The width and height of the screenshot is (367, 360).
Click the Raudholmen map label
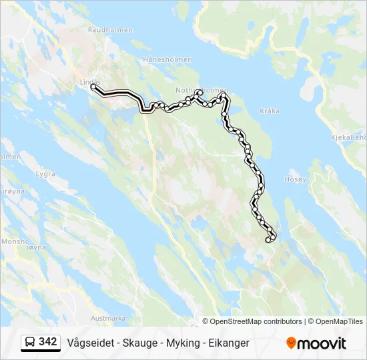click(110, 30)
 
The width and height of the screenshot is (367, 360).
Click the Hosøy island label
click(294, 179)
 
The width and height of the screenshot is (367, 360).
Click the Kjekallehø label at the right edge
click(348, 138)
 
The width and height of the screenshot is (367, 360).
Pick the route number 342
click(48, 342)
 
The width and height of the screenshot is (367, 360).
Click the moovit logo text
click(322, 343)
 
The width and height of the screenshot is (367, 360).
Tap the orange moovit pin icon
click(291, 343)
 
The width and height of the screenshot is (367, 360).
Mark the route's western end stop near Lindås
click(93, 87)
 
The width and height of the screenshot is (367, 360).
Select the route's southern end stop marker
click(268, 240)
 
